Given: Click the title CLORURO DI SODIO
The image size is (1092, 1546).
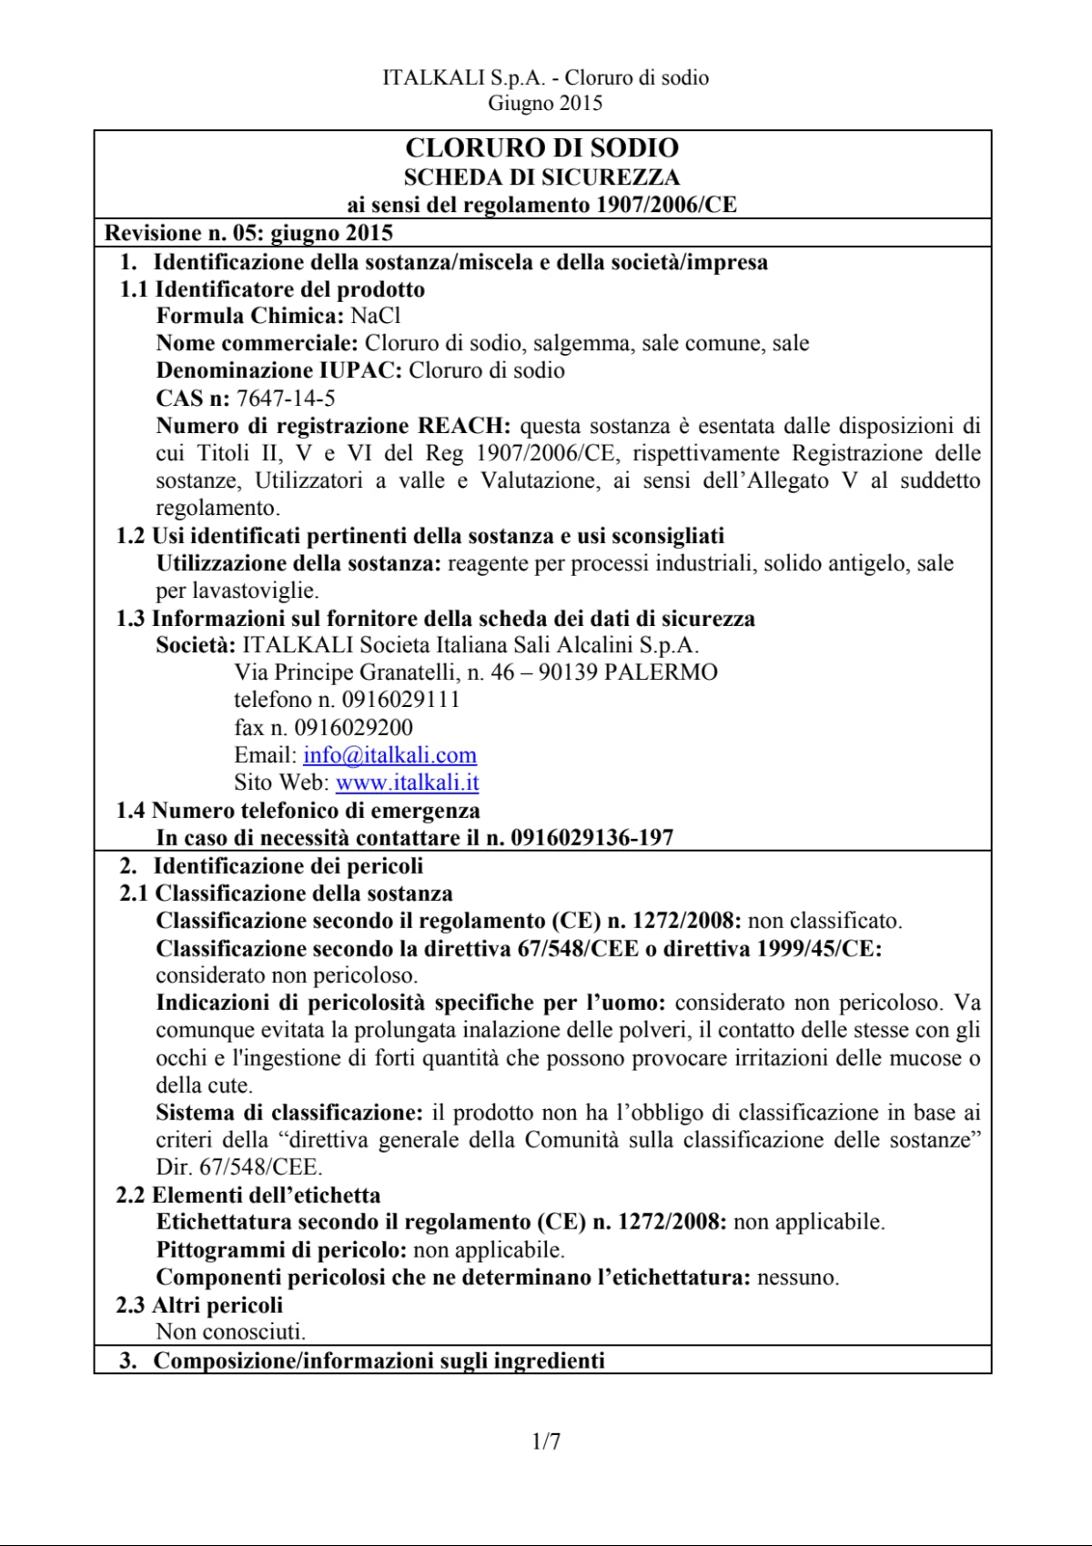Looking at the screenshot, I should tap(541, 148).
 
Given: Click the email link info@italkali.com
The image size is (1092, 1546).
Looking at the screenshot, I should tap(389, 755).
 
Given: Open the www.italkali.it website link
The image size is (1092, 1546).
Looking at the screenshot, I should tap(407, 783).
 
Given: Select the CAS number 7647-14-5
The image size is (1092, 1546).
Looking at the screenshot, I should tap(286, 399).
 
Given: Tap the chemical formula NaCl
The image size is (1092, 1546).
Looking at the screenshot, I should tap(375, 316).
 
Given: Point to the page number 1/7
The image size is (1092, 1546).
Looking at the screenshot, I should tap(546, 1441).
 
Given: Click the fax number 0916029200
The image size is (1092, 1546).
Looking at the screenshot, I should tap(353, 728).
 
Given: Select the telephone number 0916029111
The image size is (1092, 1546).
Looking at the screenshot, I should tap(400, 700).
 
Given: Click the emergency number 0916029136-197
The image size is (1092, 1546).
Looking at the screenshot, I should tap(591, 838).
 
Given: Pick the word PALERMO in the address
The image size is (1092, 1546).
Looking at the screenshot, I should tap(661, 672).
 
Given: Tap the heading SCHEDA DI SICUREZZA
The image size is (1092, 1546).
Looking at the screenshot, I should tap(541, 177).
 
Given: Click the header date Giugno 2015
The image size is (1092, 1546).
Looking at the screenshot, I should tap(545, 103).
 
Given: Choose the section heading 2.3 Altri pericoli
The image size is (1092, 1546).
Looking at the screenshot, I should tap(199, 1306).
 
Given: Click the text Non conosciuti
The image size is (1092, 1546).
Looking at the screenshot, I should tap(230, 1332).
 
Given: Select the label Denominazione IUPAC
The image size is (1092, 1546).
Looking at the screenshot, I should tap(278, 370).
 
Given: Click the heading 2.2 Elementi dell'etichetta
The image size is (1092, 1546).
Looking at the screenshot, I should tap(248, 1196).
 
